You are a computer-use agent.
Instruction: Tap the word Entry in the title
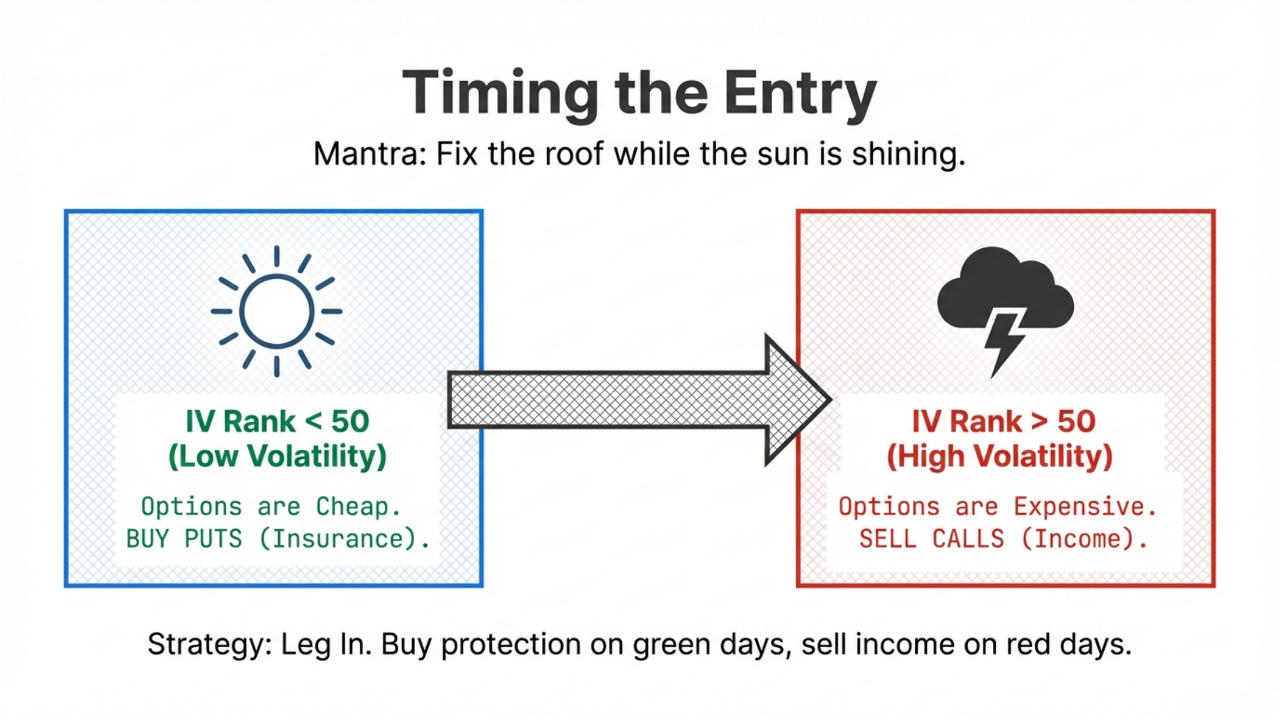tap(800, 93)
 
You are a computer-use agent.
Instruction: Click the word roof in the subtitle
tap(573, 154)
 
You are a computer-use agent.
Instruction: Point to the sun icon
tap(277, 311)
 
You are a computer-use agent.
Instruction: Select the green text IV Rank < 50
tap(277, 421)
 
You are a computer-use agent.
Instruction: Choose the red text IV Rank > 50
tap(1004, 421)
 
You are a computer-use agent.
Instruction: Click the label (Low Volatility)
tap(277, 457)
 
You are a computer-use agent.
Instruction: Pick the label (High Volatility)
tap(999, 457)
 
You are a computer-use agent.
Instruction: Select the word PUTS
tap(213, 539)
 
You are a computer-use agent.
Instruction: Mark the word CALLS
tap(968, 539)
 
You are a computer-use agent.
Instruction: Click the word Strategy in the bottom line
tap(209, 644)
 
